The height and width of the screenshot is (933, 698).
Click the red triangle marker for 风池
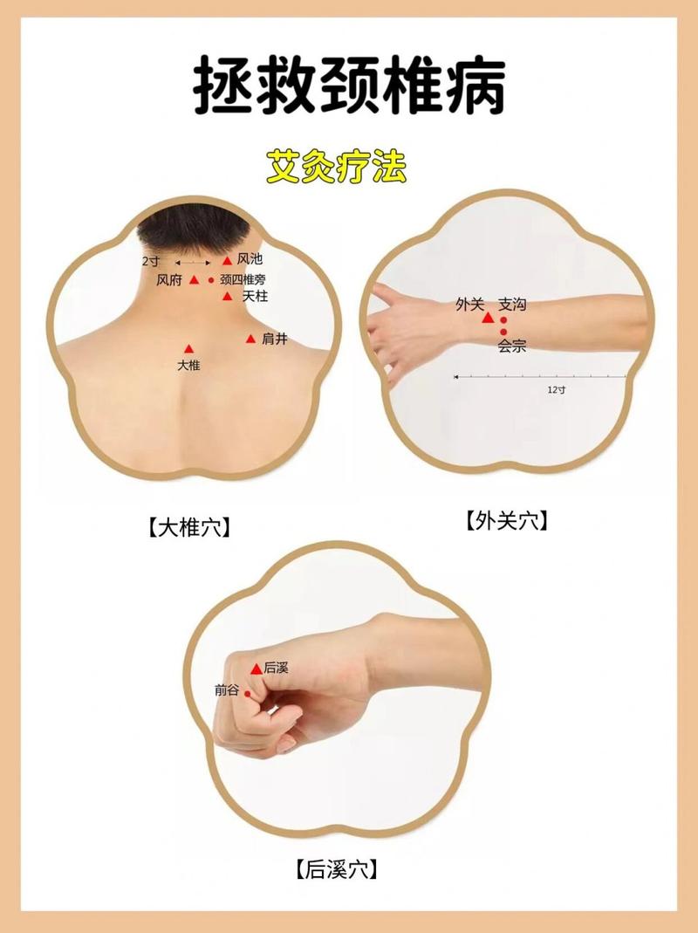click(x=227, y=260)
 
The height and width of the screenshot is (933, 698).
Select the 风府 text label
click(x=168, y=280)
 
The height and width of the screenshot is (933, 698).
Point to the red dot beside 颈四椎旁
click(x=211, y=280)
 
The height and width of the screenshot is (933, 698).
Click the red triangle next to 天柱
click(x=228, y=297)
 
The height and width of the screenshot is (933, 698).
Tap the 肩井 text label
click(x=274, y=339)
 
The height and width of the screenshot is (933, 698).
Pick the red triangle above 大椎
click(x=188, y=349)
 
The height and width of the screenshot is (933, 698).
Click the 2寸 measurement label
click(x=150, y=261)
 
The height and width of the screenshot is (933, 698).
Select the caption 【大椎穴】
click(x=188, y=526)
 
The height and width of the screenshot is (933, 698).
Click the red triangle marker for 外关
click(x=488, y=319)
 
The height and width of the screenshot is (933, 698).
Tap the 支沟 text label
click(x=512, y=305)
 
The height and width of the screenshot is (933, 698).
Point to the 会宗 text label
click(x=512, y=346)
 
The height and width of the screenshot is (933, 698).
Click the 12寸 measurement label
click(x=557, y=390)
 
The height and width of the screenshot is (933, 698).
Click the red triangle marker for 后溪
click(x=256, y=669)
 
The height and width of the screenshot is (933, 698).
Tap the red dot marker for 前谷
click(x=248, y=694)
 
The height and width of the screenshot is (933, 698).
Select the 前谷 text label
click(x=227, y=689)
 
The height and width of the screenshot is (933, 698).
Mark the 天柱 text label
click(x=255, y=297)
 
